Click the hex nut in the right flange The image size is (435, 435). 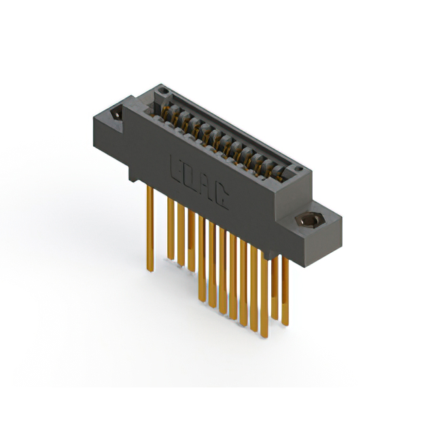coord(310,220)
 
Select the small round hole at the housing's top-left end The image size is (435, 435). coord(163,90)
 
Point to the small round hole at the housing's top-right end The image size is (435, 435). coord(298,169)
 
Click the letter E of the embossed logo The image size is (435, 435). coord(176,169)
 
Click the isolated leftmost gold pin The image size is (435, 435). coord(150,228)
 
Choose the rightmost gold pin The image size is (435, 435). coord(285,291)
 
